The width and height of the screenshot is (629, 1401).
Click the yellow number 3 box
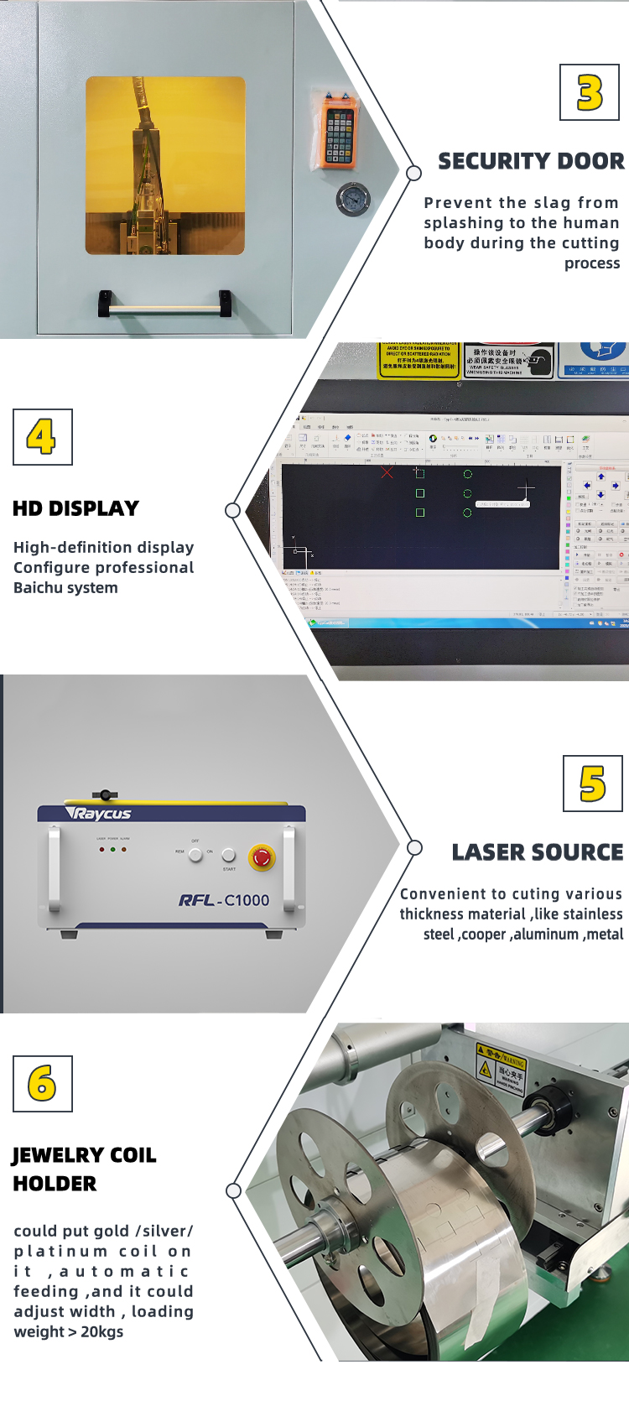(590, 93)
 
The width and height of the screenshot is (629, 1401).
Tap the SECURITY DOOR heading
(531, 161)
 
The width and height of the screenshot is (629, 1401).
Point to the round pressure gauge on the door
(352, 200)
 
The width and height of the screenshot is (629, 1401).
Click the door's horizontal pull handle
(165, 308)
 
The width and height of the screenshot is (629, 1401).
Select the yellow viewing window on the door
(165, 165)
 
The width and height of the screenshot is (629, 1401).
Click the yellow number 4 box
(42, 437)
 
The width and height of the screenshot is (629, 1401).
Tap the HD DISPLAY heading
(75, 508)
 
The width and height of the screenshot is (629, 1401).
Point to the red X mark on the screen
(387, 473)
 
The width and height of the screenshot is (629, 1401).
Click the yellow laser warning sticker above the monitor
(418, 360)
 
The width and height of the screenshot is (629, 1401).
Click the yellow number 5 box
(592, 784)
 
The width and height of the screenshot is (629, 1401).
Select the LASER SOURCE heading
(538, 852)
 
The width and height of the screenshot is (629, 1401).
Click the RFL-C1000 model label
(224, 900)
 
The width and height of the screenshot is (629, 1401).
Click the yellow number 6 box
(42, 1084)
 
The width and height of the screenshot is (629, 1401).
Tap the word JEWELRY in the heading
(59, 1155)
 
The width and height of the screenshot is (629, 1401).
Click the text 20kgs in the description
(101, 1332)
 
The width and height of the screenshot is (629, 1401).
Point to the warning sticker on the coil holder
(501, 1069)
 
